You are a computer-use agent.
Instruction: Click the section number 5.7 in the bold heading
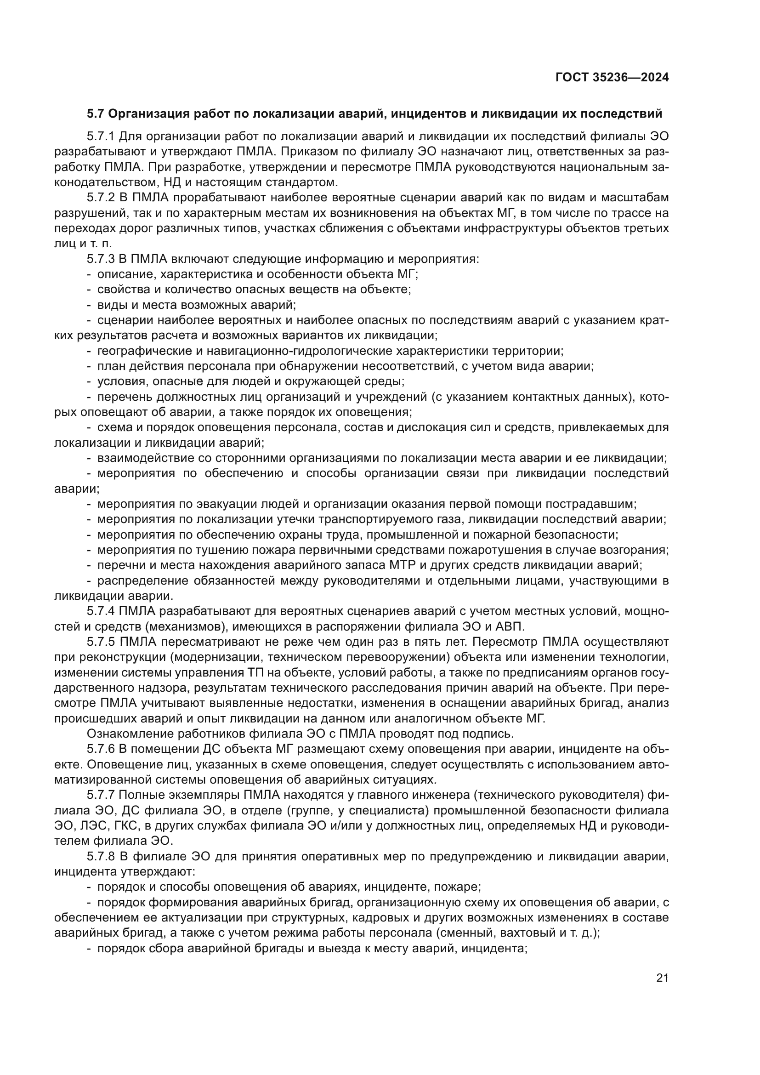click(x=96, y=114)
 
